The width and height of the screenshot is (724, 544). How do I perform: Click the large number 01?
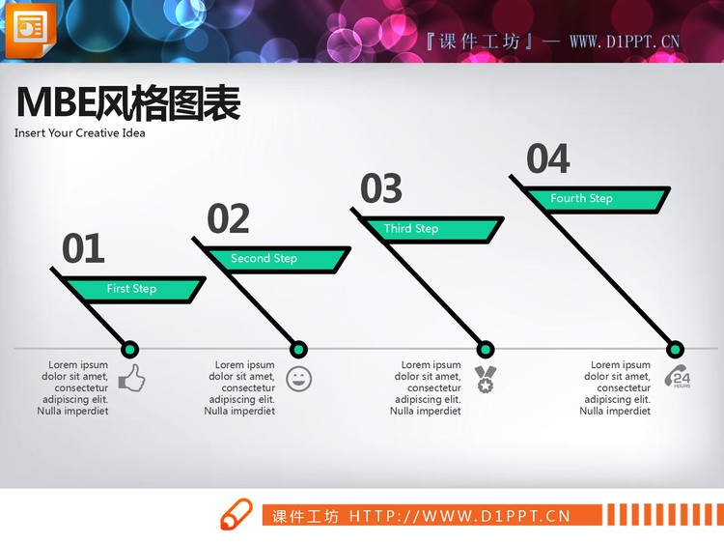coord(83,249)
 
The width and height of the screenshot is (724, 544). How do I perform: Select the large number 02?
coord(229,219)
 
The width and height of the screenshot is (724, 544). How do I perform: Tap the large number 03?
coord(381,189)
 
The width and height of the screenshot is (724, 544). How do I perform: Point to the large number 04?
coord(548,159)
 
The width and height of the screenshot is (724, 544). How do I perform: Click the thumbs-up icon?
coord(131,378)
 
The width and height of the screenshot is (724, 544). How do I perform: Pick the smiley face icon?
coord(299,379)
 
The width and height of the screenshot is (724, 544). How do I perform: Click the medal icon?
coord(485,379)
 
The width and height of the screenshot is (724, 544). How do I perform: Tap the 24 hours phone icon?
coord(677,377)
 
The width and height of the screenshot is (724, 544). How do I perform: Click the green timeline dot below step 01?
coord(130,349)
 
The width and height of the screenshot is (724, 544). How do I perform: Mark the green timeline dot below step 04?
coord(676,349)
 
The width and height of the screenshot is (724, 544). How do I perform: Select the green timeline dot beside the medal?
coord(486,349)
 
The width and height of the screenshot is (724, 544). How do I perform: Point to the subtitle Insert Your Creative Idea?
coord(80,133)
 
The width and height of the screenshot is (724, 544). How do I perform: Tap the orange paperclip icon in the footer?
coord(235,515)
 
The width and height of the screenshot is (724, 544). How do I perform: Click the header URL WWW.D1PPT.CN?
coord(625,42)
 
